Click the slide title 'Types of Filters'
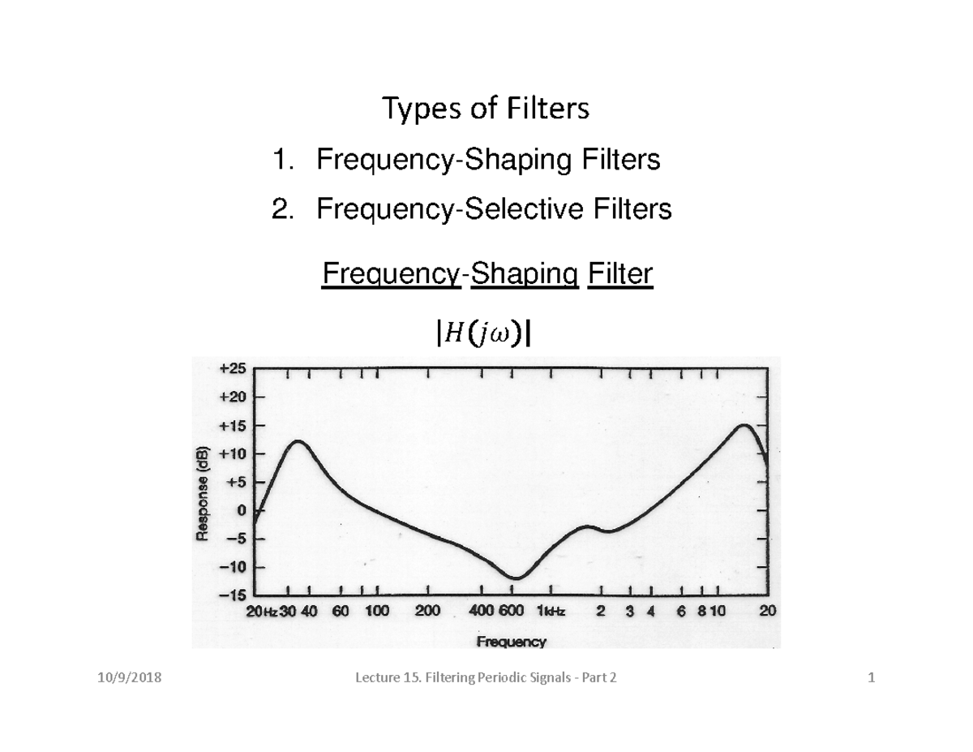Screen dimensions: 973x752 (486, 109)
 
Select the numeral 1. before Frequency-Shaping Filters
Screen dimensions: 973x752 (284, 159)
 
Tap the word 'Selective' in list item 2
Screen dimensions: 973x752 (524, 208)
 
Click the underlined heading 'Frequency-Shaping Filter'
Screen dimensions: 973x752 (487, 273)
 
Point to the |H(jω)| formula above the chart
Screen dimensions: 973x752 (484, 334)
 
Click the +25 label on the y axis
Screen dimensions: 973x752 (233, 368)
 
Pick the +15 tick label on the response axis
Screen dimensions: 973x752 (233, 426)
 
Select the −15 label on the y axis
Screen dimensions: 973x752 (233, 595)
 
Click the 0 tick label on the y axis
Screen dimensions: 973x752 (242, 510)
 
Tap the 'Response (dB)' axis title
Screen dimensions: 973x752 (203, 493)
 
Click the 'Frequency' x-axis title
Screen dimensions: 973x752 (512, 642)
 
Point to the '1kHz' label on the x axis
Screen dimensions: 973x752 (551, 611)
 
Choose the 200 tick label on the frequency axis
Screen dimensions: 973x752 (427, 611)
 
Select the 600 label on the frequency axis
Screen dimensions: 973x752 (512, 611)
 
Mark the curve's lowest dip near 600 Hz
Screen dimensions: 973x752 (517, 578)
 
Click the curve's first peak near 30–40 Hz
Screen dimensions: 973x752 (298, 441)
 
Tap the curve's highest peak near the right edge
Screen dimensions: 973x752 (744, 425)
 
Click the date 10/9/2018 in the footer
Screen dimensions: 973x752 (130, 677)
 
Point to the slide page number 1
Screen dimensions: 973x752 (872, 677)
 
